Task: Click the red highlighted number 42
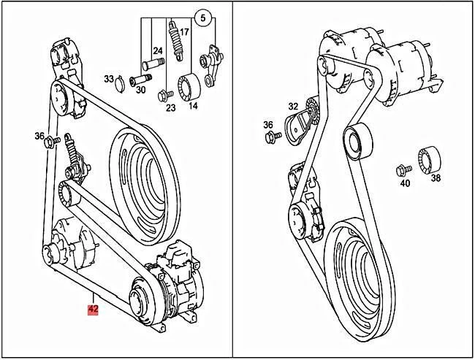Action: point(93,309)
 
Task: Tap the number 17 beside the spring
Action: point(184,32)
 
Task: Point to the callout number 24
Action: point(157,50)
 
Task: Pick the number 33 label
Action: point(109,79)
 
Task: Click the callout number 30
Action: point(140,91)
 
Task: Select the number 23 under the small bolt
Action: point(170,107)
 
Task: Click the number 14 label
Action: point(193,107)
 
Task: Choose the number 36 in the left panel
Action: point(39,136)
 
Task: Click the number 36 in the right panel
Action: point(268,125)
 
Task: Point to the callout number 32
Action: point(273,106)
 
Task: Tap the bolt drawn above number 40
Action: point(401,170)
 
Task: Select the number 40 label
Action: point(405,183)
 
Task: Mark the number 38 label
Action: point(436,177)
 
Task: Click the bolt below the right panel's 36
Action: point(269,137)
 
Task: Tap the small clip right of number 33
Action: point(121,80)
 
